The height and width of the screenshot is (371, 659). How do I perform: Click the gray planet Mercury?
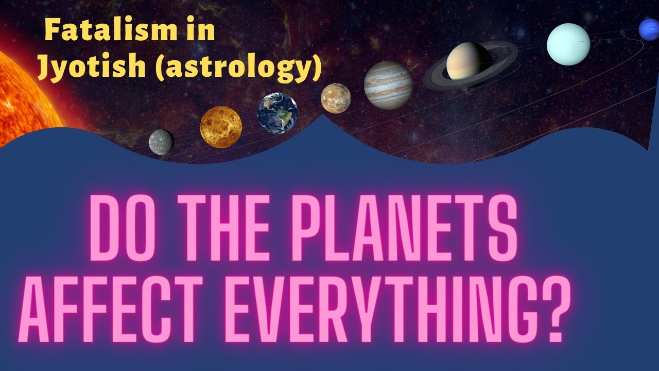click(x=161, y=142)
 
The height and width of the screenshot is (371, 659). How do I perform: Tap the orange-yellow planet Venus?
click(x=221, y=127)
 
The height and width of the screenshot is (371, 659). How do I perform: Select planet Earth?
click(x=278, y=113)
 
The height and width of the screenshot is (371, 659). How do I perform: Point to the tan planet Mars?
click(x=336, y=98)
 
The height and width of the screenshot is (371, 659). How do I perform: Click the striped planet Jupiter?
click(x=388, y=86)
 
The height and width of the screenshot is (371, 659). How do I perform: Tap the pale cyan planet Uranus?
click(x=568, y=44)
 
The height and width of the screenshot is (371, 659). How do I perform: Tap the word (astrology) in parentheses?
click(x=238, y=69)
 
